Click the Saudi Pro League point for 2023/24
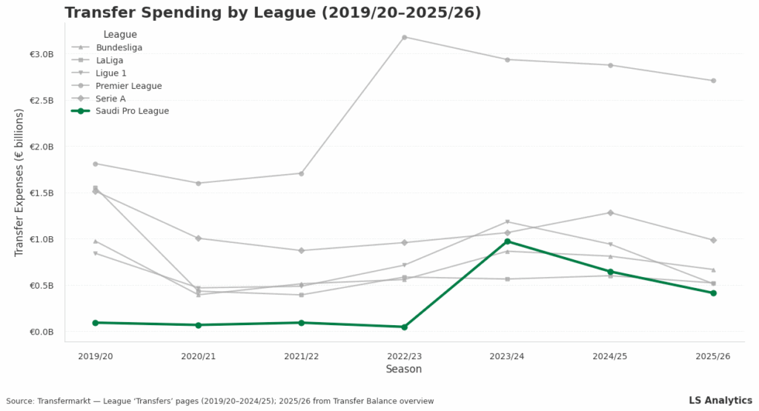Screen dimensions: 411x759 507,241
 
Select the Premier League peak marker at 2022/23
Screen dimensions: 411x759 404,37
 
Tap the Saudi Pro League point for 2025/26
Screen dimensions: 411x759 713,293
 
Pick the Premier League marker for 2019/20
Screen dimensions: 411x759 95,164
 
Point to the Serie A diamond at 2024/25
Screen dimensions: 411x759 610,213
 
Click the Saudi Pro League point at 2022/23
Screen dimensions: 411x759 404,327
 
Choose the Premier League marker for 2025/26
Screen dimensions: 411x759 713,81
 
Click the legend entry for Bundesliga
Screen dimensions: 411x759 119,47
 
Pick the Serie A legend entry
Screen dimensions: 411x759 110,98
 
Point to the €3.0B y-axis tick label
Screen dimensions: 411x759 42,54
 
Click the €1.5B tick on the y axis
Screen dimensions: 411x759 42,193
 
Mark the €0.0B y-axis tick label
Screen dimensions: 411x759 42,332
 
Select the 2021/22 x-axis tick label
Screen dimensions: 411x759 301,356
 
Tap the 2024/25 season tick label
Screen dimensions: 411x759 610,356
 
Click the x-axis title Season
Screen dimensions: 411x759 404,369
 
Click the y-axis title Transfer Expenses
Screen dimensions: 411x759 19,183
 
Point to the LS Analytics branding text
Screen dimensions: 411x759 720,400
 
